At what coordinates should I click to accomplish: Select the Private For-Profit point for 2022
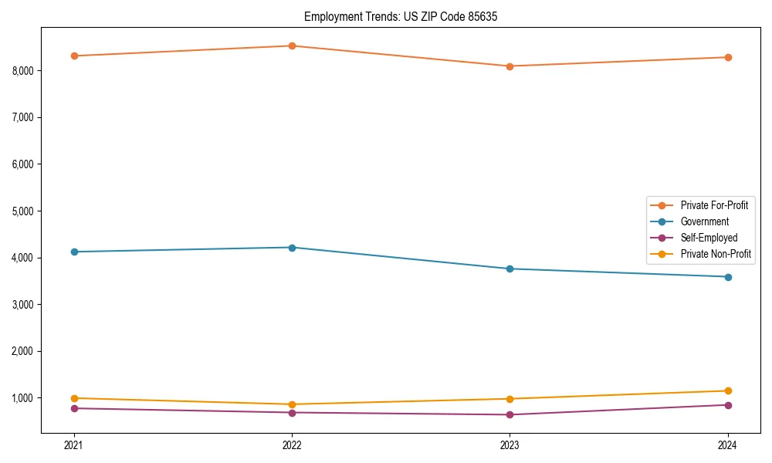pyautogui.click(x=292, y=46)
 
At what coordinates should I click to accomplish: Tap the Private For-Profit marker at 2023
pyautogui.click(x=510, y=66)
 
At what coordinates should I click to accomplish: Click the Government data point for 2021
pyautogui.click(x=74, y=252)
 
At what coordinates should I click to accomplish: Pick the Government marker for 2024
pyautogui.click(x=728, y=277)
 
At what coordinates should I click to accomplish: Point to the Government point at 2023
pyautogui.click(x=510, y=269)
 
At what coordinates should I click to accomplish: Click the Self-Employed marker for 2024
pyautogui.click(x=728, y=405)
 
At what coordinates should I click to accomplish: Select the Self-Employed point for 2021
pyautogui.click(x=74, y=408)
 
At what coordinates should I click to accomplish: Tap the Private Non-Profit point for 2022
pyautogui.click(x=292, y=404)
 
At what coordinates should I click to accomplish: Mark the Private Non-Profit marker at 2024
pyautogui.click(x=728, y=390)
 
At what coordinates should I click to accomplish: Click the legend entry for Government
pyautogui.click(x=704, y=221)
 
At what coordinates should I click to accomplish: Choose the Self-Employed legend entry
pyautogui.click(x=709, y=238)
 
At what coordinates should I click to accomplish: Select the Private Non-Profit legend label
pyautogui.click(x=716, y=254)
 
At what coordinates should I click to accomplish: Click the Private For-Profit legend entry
pyautogui.click(x=714, y=205)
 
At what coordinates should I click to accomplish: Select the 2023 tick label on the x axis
pyautogui.click(x=510, y=444)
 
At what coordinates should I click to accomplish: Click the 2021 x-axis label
pyautogui.click(x=74, y=444)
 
